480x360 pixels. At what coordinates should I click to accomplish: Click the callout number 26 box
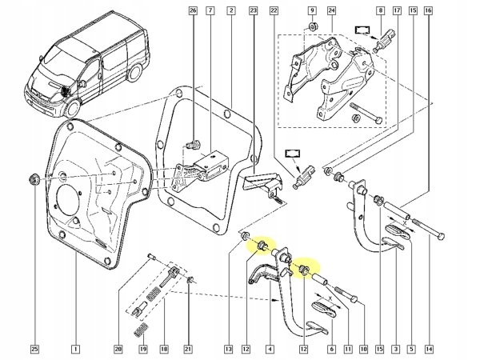coord(191,11)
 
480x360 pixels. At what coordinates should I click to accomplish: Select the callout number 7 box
coord(210,11)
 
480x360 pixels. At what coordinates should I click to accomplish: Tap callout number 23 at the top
coord(253,11)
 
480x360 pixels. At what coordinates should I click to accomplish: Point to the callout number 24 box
coord(330,11)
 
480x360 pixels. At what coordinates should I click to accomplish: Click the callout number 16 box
coord(429,11)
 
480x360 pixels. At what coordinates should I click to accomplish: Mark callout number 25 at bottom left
coord(34,349)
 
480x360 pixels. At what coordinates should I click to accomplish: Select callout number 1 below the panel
coord(74,349)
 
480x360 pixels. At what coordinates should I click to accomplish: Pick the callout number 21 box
coord(190,349)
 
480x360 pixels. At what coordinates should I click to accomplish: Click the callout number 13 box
coord(228,349)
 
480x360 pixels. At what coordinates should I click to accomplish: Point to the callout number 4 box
coord(269,349)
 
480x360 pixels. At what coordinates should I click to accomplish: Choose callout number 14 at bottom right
coord(429,349)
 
